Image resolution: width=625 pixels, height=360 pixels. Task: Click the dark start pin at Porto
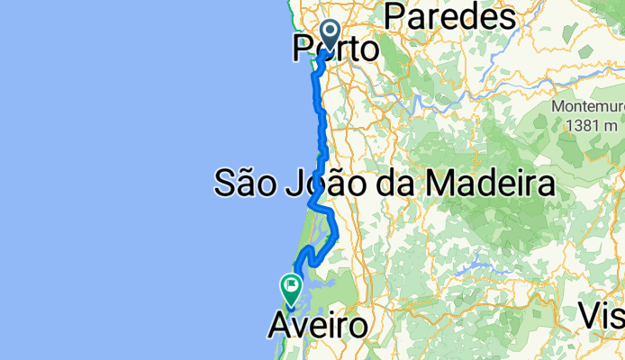(x=329, y=35)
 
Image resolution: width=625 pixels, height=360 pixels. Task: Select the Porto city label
(x=335, y=49)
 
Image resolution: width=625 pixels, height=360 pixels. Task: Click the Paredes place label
(x=449, y=15)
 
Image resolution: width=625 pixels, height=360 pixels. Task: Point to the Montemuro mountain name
(x=587, y=106)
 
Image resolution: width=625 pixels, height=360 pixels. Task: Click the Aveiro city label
(x=318, y=326)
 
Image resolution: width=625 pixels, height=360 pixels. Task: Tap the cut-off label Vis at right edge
(x=601, y=316)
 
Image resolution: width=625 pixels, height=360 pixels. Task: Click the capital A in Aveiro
(x=279, y=326)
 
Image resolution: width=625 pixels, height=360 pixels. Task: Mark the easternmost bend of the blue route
(x=337, y=236)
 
